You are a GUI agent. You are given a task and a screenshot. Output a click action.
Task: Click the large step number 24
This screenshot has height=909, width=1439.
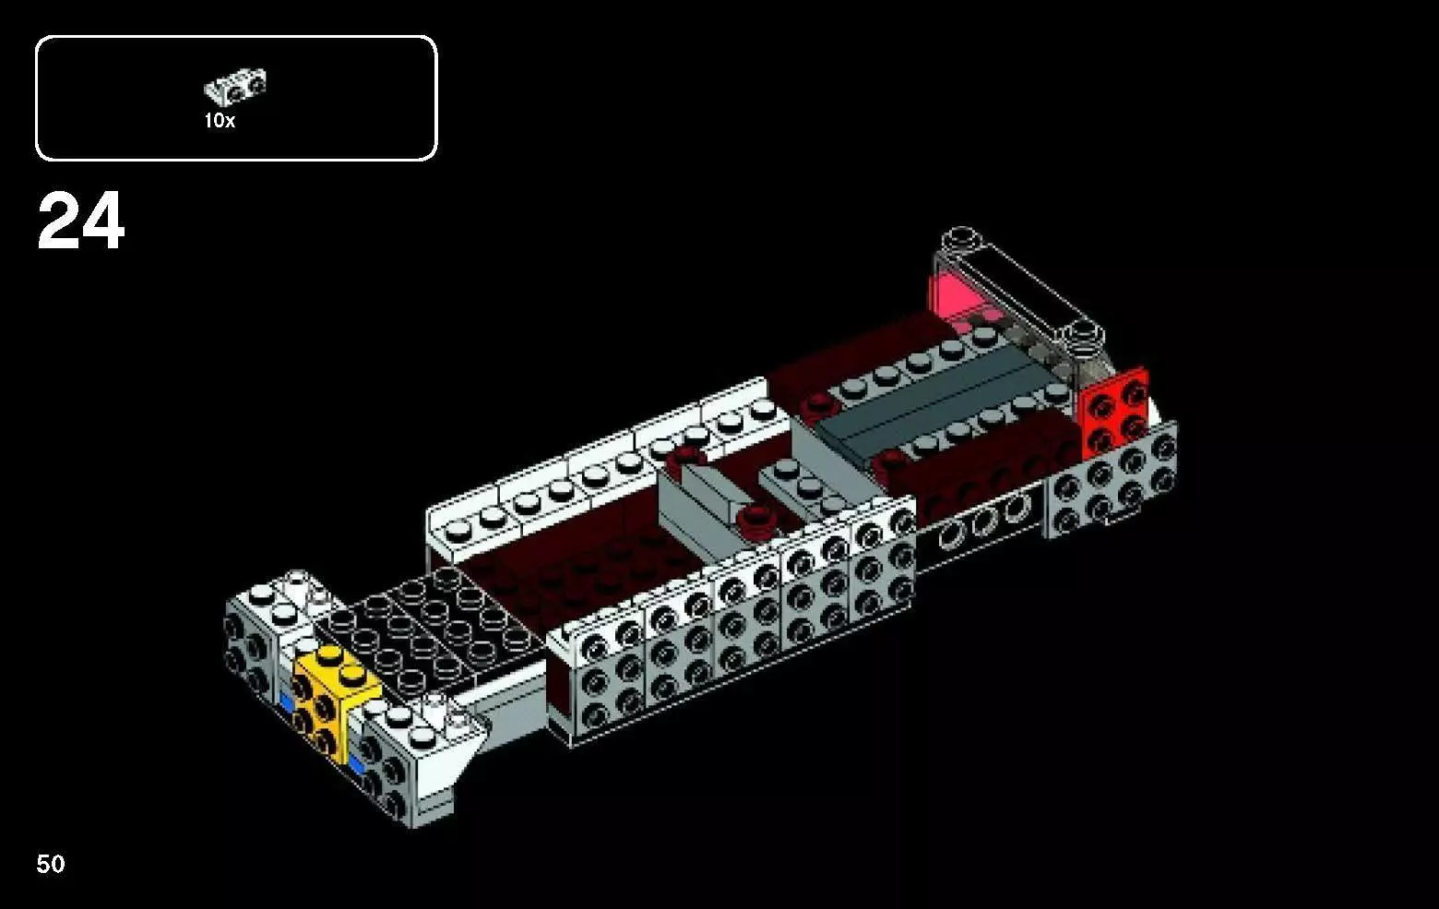coord(80,221)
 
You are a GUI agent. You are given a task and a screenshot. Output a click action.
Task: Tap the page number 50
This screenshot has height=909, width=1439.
coord(51,864)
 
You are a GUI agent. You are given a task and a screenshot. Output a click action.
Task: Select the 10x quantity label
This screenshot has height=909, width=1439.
coord(220,121)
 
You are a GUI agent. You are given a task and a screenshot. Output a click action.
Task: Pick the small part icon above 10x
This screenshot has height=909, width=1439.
coord(235,87)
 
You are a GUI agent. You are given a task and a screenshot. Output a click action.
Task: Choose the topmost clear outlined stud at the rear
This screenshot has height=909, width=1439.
coord(962,235)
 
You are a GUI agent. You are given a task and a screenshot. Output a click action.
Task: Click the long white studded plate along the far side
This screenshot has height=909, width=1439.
coord(600,471)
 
